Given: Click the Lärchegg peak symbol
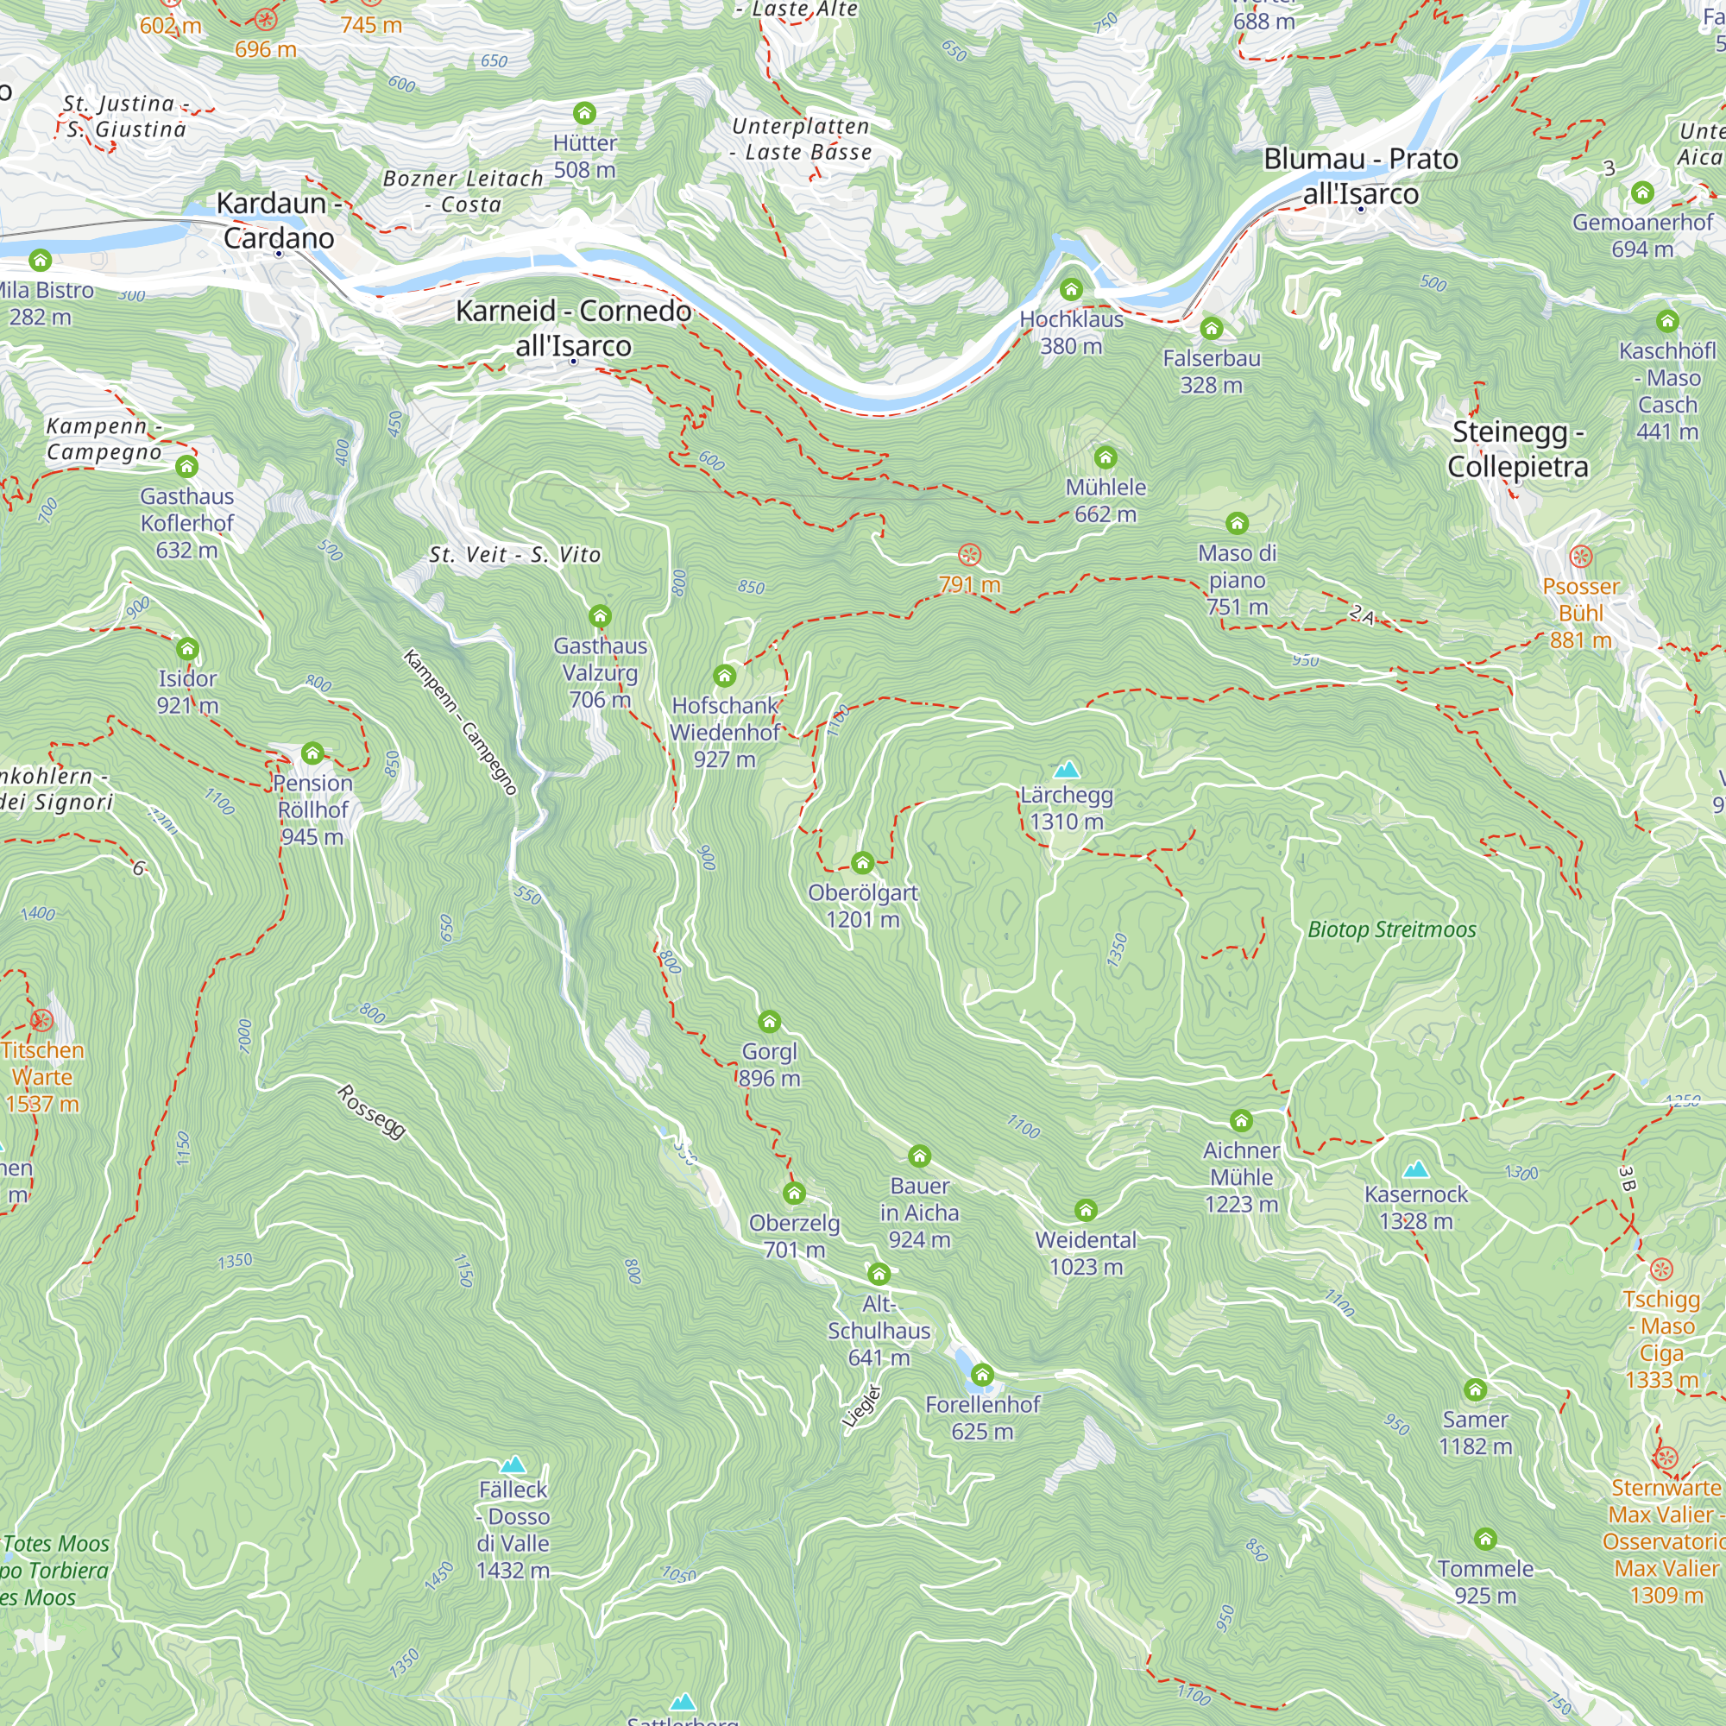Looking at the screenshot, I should point(1066,770).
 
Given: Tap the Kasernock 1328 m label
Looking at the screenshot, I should point(1416,1208).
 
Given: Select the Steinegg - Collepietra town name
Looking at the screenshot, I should point(1518,450).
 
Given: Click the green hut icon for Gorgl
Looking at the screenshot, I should point(769,1022).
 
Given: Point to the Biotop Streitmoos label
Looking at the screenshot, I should point(1391,930).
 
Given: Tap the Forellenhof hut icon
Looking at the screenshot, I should point(983,1375).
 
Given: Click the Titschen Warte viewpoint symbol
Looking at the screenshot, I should point(41,1020).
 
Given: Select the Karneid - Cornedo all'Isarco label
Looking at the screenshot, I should point(574,328).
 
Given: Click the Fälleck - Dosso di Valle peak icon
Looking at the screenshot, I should point(513,1465).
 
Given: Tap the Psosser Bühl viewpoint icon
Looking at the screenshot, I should point(1580,557).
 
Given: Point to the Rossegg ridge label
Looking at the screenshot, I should point(372,1112).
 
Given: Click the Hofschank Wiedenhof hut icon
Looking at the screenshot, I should point(725,676).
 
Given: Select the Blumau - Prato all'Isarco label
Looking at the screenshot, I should point(1361,176).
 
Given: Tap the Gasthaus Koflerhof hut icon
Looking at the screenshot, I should point(186,466).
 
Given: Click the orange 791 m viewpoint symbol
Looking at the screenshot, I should point(969,556).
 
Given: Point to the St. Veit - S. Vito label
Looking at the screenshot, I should point(514,555).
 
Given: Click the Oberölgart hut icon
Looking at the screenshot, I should point(862,863).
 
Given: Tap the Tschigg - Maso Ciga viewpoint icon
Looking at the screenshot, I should point(1660,1269).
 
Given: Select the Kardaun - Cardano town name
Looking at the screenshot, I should point(278,221).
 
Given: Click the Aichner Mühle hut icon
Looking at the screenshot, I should point(1241,1121).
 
